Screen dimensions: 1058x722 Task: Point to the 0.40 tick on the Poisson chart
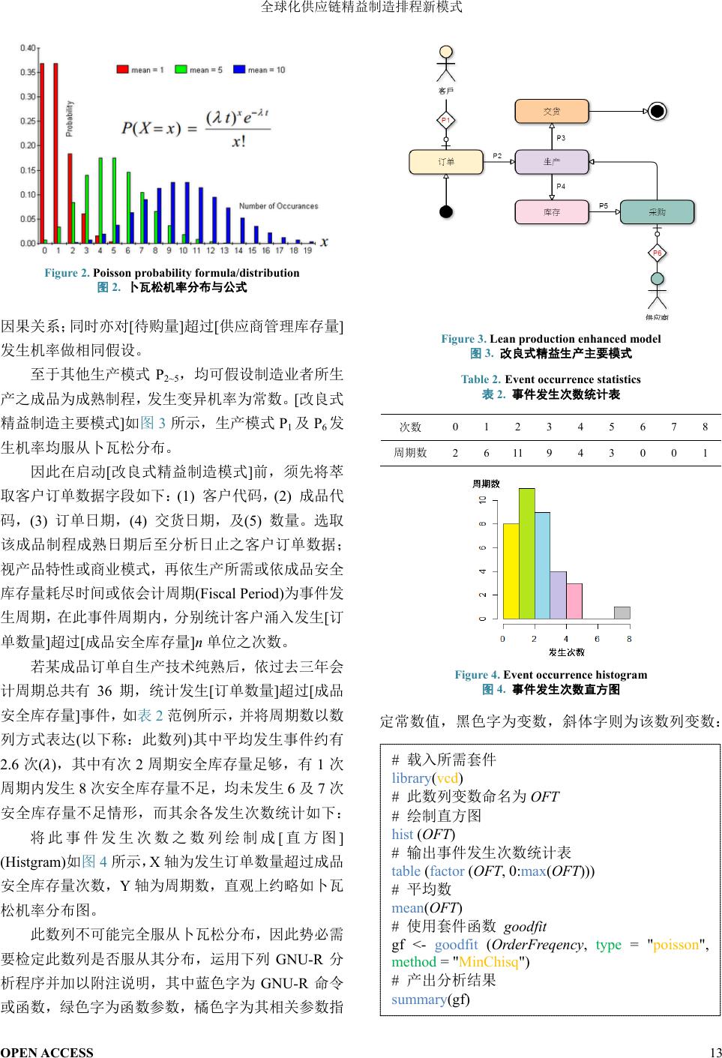pyautogui.click(x=28, y=48)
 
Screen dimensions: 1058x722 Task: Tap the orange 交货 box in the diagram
pyautogui.click(x=552, y=112)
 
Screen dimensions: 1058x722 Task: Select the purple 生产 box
pyautogui.click(x=552, y=162)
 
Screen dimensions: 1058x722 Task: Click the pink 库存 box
pyautogui.click(x=552, y=212)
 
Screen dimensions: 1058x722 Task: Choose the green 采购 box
pyautogui.click(x=657, y=212)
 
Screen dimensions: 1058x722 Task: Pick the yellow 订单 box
pyautogui.click(x=446, y=162)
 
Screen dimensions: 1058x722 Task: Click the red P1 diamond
pyautogui.click(x=446, y=120)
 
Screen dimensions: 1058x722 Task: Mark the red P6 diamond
pyautogui.click(x=658, y=253)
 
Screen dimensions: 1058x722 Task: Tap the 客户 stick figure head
pyautogui.click(x=446, y=52)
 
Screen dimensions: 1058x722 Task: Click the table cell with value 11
pyautogui.click(x=517, y=452)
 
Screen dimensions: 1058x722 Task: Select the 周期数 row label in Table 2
pyautogui.click(x=410, y=452)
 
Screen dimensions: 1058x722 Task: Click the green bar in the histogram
pyautogui.click(x=526, y=553)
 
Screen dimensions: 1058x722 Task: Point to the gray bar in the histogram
pyautogui.click(x=622, y=613)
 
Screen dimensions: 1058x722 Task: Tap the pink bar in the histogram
pyautogui.click(x=574, y=601)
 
